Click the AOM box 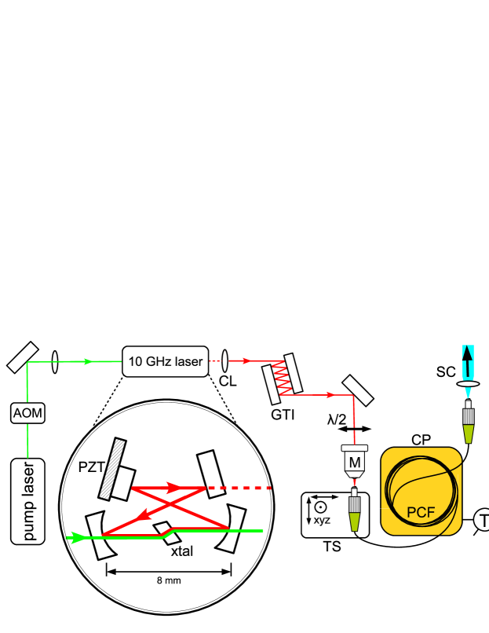(27, 413)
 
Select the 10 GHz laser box (166, 361)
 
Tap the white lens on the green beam (55, 362)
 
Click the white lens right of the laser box (224, 361)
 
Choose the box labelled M (355, 462)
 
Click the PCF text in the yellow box (421, 513)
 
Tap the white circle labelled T (483, 520)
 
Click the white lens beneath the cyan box (468, 384)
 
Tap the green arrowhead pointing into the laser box (88, 361)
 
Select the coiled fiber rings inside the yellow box (421, 483)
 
